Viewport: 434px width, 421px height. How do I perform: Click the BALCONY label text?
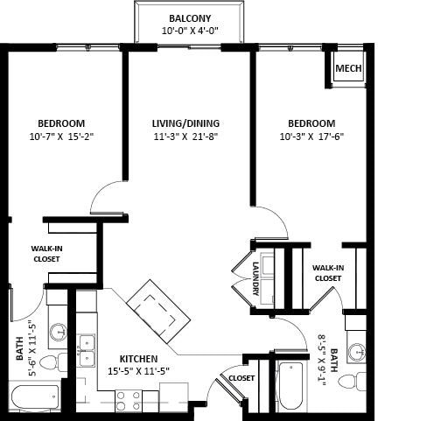pos(189,18)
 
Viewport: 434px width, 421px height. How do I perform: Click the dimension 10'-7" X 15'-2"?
pos(61,137)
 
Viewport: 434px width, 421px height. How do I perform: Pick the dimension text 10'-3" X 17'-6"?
pos(311,137)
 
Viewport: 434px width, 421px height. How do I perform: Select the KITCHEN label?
pos(139,359)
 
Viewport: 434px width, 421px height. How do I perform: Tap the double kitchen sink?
pos(87,350)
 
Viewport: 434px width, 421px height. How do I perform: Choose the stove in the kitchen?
pos(129,400)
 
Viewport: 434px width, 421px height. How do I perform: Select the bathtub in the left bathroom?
pos(34,397)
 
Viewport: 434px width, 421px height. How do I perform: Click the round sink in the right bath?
pos(357,352)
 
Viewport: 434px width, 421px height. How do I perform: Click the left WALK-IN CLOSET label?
pos(47,254)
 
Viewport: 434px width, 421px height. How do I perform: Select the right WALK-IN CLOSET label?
pos(326,273)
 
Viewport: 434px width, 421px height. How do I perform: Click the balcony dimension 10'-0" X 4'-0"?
pos(189,32)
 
